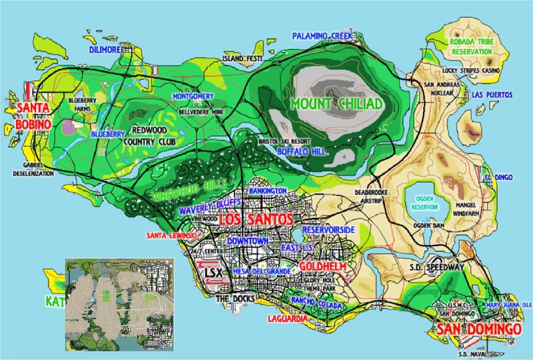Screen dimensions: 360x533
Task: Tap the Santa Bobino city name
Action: coord(33,116)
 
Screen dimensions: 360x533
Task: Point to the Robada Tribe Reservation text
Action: coord(476,45)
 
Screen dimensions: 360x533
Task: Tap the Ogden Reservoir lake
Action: coord(426,202)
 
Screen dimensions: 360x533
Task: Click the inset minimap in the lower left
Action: coord(119,304)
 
